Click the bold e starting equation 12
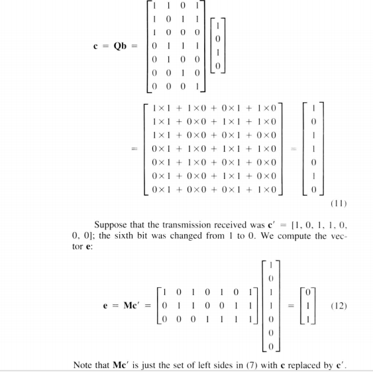111,307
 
